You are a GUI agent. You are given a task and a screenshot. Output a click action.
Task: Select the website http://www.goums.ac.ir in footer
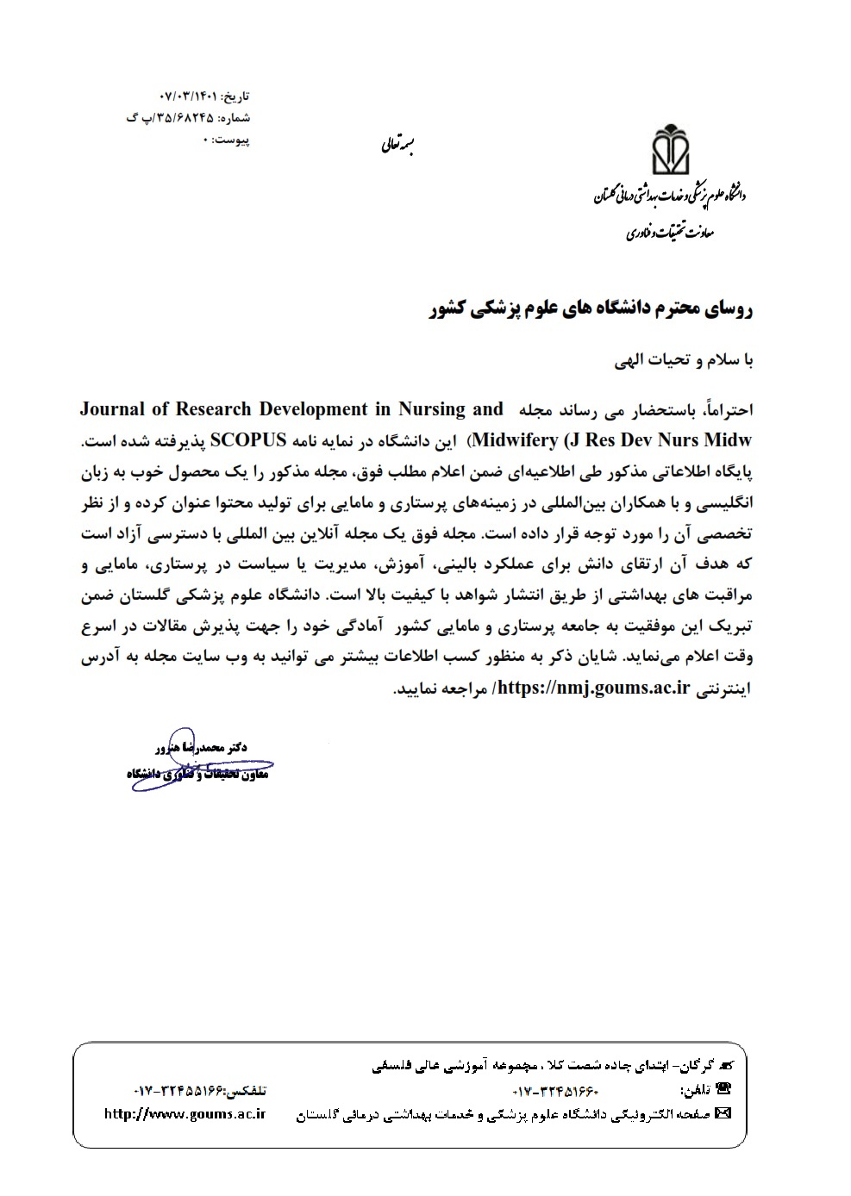pos(184,1113)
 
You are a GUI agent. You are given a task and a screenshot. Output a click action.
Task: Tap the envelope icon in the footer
pos(723,1113)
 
